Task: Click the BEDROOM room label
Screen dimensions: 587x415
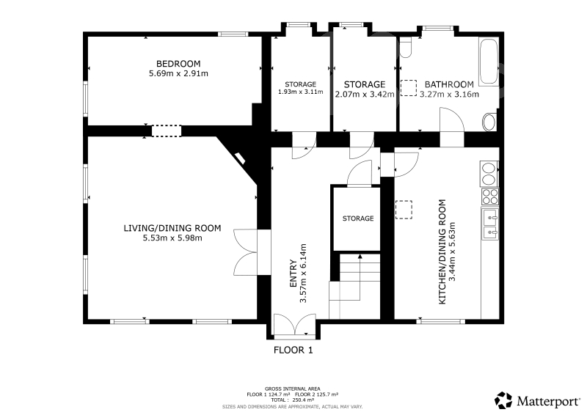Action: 178,64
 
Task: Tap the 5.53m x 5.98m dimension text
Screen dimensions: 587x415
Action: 172,238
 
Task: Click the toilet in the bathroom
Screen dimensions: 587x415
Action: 406,47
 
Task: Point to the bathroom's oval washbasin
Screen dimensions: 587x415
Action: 489,122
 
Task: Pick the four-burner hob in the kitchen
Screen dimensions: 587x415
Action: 490,197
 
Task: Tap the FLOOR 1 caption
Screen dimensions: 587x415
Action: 293,350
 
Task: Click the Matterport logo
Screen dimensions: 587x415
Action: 537,401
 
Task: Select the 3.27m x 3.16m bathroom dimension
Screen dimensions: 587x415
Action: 449,95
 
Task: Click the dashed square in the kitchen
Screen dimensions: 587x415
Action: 404,210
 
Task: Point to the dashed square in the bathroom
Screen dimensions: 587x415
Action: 409,88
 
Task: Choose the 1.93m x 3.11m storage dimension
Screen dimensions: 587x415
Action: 300,92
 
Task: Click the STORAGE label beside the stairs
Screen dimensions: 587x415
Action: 358,218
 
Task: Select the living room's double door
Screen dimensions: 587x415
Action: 245,252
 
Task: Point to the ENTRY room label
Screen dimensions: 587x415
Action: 293,274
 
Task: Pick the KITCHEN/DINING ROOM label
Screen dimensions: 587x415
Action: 442,251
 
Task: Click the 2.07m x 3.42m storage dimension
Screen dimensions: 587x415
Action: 364,95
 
